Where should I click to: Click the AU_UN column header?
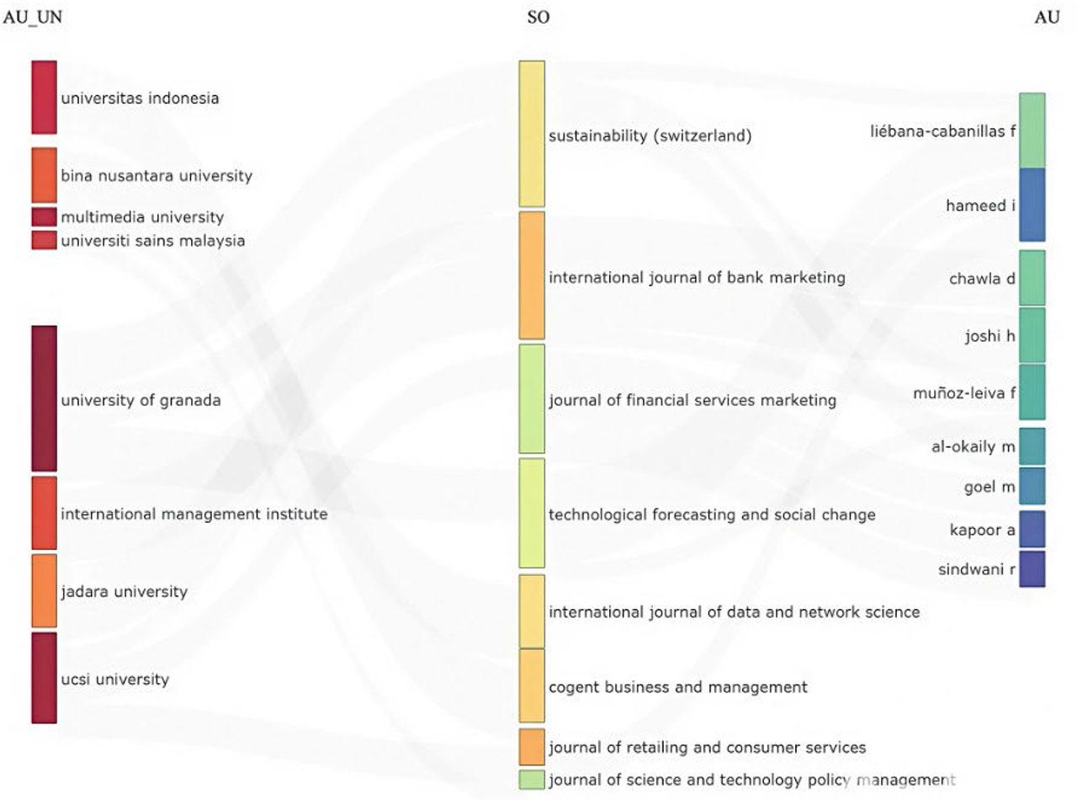pos(33,18)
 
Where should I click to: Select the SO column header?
pos(538,18)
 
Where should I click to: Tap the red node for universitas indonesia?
pos(45,97)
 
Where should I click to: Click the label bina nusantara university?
pos(156,176)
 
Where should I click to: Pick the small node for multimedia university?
pos(45,217)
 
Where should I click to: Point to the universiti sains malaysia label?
pos(152,241)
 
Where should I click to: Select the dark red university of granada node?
pos(45,398)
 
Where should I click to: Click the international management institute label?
pos(194,514)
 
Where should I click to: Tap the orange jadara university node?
pos(45,590)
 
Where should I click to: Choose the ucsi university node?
pos(45,678)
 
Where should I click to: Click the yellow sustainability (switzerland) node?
pos(532,134)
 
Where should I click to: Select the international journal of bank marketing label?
pos(697,278)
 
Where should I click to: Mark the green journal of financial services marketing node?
pos(532,398)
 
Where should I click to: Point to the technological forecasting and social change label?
pos(712,515)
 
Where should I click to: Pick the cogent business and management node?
pos(532,685)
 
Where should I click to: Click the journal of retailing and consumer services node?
pos(532,747)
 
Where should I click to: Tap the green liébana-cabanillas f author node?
pos(1032,131)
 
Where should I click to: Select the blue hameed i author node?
pos(1032,205)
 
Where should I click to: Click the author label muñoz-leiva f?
pos(964,392)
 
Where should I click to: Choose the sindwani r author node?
pos(1032,569)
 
